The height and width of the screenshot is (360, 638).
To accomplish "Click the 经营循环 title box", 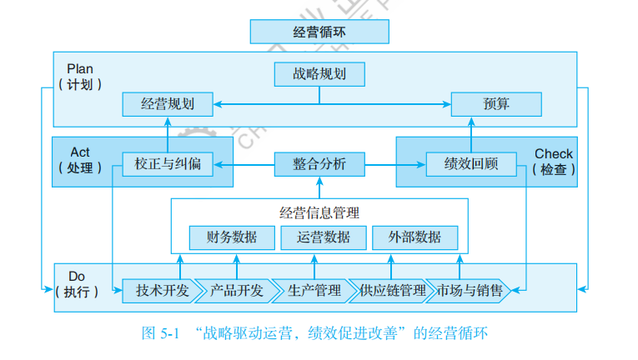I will point(319,32).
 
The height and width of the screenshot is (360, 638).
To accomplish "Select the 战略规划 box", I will point(319,74).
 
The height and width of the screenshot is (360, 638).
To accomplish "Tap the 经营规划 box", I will point(168,104).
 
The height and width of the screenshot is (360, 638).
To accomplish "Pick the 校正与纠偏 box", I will point(168,163).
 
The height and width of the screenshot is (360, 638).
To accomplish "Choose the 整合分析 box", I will point(319,163).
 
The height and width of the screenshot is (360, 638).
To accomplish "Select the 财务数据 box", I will point(232,237).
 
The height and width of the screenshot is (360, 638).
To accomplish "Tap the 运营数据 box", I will point(323,237).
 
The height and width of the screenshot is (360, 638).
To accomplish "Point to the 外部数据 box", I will point(414,237).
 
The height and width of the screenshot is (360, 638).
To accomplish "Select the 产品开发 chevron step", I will point(236,291).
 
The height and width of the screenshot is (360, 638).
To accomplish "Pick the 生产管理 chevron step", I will point(314,291).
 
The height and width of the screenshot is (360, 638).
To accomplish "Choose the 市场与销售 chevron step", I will point(470,291).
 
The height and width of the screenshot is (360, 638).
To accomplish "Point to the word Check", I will point(554,153).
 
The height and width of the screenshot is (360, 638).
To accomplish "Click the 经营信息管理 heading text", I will point(319,212).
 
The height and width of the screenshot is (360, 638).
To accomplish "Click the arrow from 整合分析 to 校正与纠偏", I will point(244,164).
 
